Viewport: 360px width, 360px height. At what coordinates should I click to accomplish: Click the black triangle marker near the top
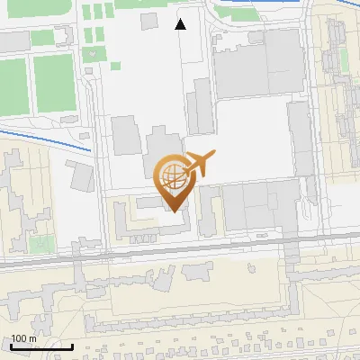(181, 24)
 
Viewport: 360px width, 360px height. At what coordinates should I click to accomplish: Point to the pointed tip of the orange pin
(174, 211)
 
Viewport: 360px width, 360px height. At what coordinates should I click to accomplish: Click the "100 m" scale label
(23, 339)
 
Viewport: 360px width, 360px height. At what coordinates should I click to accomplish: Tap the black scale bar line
(40, 346)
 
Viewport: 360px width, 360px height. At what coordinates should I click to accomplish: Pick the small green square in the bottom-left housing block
(38, 243)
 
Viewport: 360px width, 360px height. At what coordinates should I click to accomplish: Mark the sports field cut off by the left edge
(10, 86)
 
